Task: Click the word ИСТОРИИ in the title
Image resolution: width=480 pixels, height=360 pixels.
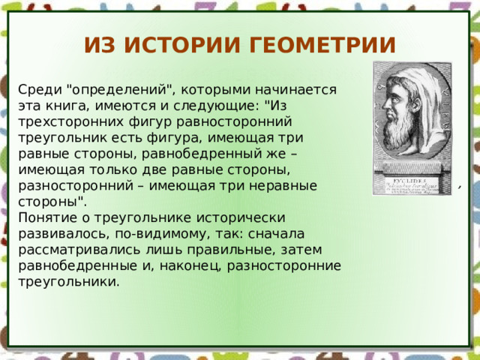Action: coord(181,45)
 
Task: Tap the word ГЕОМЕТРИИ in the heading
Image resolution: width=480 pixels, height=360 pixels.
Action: coord(322,45)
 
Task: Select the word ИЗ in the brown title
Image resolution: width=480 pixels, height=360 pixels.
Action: coord(100,45)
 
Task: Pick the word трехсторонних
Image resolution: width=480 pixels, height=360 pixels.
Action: coord(70,122)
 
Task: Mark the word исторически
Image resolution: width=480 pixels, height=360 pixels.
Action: coord(241,218)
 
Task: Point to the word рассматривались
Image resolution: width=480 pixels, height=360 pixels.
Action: coord(79,250)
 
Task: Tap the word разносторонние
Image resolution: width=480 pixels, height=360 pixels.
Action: coord(283,266)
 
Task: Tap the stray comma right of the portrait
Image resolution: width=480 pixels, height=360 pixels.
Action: coord(460,187)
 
